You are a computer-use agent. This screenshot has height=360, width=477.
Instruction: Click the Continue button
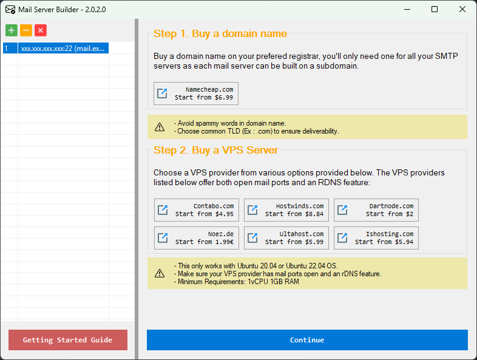click(x=307, y=340)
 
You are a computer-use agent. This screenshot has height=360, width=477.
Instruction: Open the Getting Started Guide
click(x=68, y=340)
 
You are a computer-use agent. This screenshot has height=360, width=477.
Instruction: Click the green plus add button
click(x=12, y=30)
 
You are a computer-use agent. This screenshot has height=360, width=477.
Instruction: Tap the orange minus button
click(x=26, y=30)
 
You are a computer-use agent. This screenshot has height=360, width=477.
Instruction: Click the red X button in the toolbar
click(x=41, y=30)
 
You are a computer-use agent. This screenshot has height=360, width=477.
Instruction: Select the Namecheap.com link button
click(x=196, y=93)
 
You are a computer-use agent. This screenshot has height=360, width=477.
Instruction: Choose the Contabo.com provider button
click(x=197, y=210)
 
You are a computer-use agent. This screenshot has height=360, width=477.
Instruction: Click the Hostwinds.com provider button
click(x=286, y=210)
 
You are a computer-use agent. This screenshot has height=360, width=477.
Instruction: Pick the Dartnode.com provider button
click(x=376, y=210)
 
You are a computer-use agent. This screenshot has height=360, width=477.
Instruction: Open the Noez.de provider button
click(x=197, y=238)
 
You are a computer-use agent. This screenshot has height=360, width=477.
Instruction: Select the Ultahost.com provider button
click(x=286, y=238)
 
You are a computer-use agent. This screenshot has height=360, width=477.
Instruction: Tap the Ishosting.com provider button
click(x=376, y=238)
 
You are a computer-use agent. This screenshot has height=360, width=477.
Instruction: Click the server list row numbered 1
click(x=55, y=48)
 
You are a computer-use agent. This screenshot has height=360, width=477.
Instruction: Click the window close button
click(x=462, y=9)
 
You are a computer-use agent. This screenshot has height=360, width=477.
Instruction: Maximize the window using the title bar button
click(x=435, y=9)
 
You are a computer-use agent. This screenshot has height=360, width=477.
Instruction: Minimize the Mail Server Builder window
click(x=407, y=9)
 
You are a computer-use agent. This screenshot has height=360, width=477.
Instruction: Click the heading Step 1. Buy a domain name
click(x=220, y=34)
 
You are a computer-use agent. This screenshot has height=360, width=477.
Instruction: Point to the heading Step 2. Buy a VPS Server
click(x=215, y=151)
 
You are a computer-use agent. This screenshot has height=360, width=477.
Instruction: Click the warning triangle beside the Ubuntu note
click(x=160, y=273)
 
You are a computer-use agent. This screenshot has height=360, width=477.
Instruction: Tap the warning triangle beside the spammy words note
click(x=160, y=127)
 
